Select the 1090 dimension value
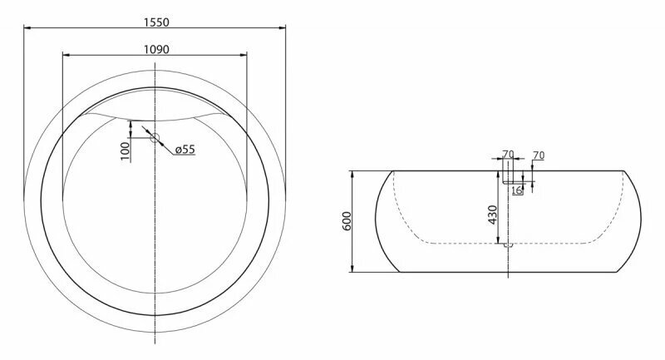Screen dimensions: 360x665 [x=156, y=49]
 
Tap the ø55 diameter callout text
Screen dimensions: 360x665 [x=185, y=150]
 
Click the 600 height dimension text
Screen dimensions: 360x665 [x=347, y=221]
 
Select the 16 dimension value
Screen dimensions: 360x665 [x=517, y=190]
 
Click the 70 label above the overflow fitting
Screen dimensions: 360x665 [x=508, y=155]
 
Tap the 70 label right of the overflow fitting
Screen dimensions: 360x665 [x=538, y=155]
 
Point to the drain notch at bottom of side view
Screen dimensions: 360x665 [x=508, y=245]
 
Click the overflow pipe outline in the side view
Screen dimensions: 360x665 [x=508, y=177]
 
